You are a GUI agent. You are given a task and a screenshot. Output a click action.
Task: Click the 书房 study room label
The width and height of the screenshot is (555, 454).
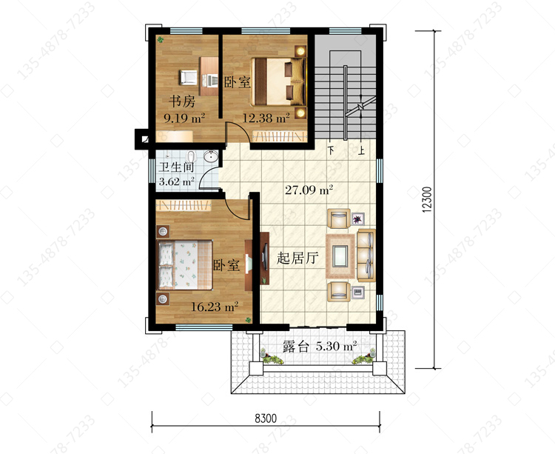pyautogui.click(x=182, y=101)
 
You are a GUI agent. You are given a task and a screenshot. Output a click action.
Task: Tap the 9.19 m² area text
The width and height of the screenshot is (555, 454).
pyautogui.click(x=184, y=118)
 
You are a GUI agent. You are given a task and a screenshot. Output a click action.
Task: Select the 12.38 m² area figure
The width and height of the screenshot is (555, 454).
pyautogui.click(x=266, y=118)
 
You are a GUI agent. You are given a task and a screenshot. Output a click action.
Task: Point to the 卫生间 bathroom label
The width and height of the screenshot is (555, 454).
pyautogui.click(x=176, y=167)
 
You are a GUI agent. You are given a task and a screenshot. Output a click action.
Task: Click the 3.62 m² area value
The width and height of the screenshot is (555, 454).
pyautogui.click(x=177, y=181)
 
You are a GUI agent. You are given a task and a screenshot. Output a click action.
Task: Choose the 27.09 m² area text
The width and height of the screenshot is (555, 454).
pyautogui.click(x=309, y=190)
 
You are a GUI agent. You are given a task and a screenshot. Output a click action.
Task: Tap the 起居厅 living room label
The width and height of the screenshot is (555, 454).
pyautogui.click(x=297, y=258)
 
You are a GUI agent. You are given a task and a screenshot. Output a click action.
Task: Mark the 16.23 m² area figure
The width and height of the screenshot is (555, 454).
pyautogui.click(x=215, y=307)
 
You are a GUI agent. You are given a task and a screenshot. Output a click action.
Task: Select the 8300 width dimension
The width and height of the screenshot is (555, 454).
pyautogui.click(x=266, y=418)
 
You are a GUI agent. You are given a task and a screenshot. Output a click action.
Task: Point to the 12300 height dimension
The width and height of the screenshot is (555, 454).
pyautogui.click(x=427, y=199)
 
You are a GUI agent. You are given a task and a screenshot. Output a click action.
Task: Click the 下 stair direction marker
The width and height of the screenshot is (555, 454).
pyautogui.click(x=331, y=150)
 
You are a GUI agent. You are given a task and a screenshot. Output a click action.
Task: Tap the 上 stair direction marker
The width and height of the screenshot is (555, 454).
pyautogui.click(x=361, y=150)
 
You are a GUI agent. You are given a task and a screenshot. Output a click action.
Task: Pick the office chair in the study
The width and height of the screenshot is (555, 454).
pyautogui.click(x=188, y=78)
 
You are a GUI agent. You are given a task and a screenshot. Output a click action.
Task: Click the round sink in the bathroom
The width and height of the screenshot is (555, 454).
pyautogui.click(x=212, y=157)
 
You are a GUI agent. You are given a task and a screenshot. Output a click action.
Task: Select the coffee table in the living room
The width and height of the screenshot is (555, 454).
pyautogui.click(x=340, y=256)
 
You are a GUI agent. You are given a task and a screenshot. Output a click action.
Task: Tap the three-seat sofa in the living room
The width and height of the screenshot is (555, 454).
pyautogui.click(x=366, y=256)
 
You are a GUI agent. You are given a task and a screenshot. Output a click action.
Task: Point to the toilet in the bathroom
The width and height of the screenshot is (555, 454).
pyautogui.click(x=191, y=157)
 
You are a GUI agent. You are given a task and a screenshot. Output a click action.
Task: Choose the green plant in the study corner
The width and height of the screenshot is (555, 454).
pyautogui.click(x=161, y=40)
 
